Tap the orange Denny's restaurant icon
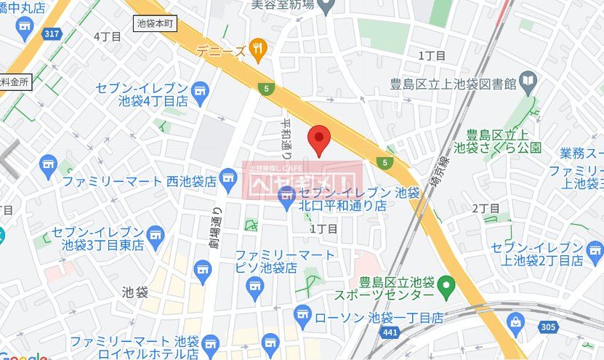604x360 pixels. click(257, 49)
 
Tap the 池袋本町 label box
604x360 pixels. click(156, 23)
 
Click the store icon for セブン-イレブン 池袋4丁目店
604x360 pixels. click(201, 91)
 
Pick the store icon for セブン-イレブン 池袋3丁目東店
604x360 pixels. click(155, 233)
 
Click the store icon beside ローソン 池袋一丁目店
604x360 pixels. click(303, 315)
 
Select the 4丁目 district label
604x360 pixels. click(106, 35)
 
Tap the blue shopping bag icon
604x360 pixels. click(515, 321)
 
